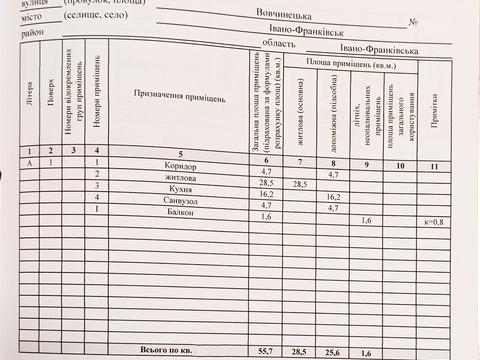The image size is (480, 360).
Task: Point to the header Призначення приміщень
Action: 180,99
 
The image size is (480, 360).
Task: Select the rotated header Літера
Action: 29,100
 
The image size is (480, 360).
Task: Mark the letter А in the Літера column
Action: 29,163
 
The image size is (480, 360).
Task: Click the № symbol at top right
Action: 412,21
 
